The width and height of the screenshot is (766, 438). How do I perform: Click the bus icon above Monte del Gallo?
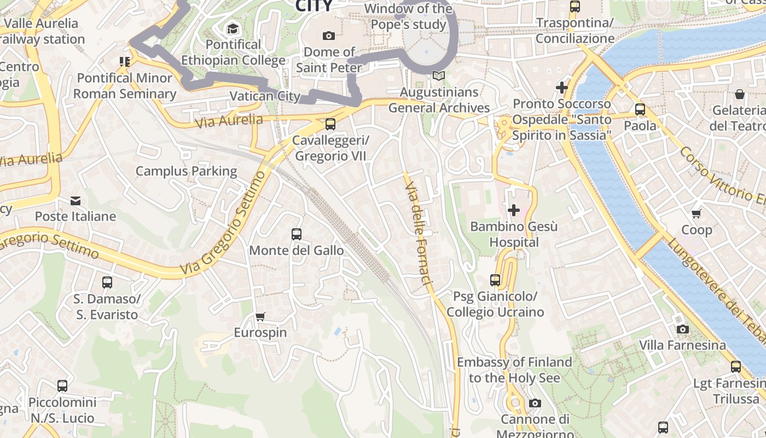pyautogui.click(x=297, y=234)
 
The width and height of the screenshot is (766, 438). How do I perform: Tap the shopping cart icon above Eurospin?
pyautogui.click(x=260, y=316)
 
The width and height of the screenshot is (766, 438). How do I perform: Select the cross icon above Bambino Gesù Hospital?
pyautogui.click(x=513, y=210)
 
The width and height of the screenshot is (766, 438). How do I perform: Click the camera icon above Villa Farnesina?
pyautogui.click(x=682, y=329)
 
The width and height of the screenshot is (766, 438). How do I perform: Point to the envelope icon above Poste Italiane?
pyautogui.click(x=76, y=201)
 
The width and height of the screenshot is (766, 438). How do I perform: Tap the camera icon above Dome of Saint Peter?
pyautogui.click(x=329, y=36)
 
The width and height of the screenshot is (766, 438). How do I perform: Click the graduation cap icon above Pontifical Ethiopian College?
pyautogui.click(x=233, y=28)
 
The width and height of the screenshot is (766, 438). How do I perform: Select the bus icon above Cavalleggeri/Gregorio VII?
pyautogui.click(x=330, y=124)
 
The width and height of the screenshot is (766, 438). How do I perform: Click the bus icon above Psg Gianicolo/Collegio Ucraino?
pyautogui.click(x=495, y=280)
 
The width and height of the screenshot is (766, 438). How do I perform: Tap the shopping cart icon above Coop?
pyautogui.click(x=696, y=214)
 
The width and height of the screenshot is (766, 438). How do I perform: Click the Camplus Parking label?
pyautogui.click(x=186, y=171)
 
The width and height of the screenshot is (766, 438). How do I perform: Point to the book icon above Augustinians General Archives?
pyautogui.click(x=439, y=76)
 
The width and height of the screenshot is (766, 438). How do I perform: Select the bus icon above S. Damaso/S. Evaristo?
pyautogui.click(x=107, y=283)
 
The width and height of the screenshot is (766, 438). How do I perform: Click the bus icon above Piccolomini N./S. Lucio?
pyautogui.click(x=62, y=386)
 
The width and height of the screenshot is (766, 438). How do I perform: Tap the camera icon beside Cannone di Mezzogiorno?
pyautogui.click(x=535, y=404)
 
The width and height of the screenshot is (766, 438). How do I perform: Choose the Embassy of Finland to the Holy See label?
pyautogui.click(x=514, y=370)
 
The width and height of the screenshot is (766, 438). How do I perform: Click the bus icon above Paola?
pyautogui.click(x=640, y=109)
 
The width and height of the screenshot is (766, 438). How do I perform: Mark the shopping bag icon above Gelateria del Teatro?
pyautogui.click(x=740, y=94)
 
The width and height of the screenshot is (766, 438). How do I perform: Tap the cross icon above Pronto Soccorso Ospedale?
pyautogui.click(x=561, y=88)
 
